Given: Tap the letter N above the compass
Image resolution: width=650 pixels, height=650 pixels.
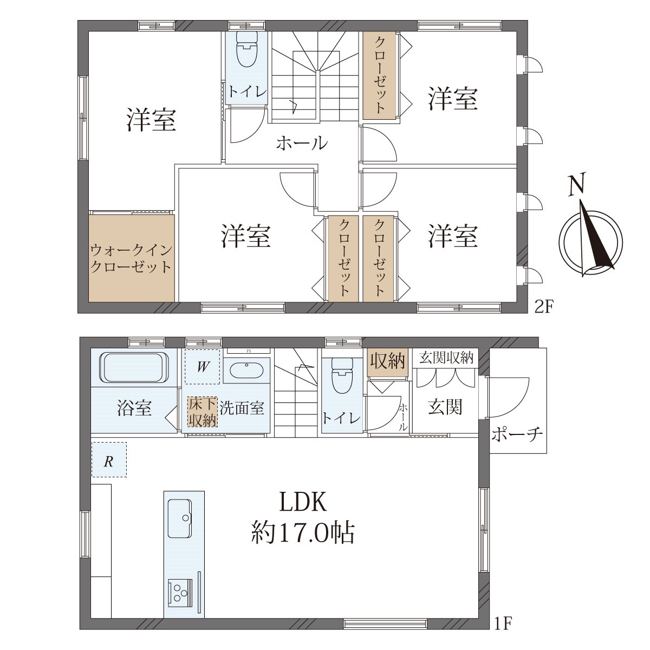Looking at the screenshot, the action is pos(576,186).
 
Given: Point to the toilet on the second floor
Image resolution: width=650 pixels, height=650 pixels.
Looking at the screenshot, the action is pos(246,50).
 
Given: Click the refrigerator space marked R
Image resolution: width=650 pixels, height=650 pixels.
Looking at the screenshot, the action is pos(109,459).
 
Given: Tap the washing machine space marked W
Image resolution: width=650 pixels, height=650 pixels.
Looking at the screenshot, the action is pos(202,367).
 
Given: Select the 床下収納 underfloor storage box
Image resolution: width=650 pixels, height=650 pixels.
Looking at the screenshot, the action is pos(203,412).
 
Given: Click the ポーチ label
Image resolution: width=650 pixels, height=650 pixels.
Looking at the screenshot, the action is pos(517,435).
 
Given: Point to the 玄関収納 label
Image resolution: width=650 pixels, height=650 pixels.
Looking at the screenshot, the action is pos(446,357).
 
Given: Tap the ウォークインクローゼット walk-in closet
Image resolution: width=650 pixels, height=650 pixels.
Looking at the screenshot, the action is pos(132,258).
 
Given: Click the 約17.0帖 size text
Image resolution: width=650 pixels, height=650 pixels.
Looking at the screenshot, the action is pos(303,534).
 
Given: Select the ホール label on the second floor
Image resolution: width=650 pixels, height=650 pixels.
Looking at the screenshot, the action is pos(302,144).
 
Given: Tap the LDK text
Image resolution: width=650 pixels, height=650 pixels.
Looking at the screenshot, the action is pos(302,502).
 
